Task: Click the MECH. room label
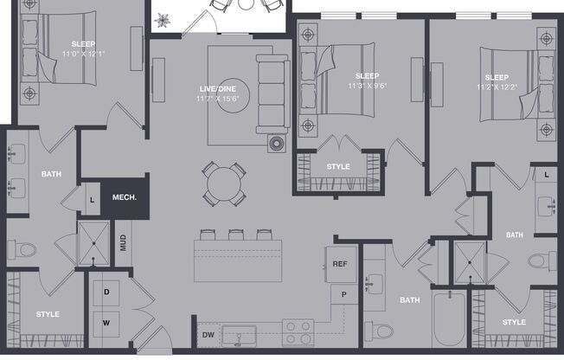[x=124, y=197]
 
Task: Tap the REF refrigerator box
[x=340, y=264]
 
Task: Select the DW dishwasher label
[x=208, y=334]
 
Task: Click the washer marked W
[x=106, y=323]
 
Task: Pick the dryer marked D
[x=106, y=292]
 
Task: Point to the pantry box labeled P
[x=343, y=295]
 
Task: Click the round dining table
[x=222, y=183]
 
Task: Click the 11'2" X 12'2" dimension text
[x=497, y=87]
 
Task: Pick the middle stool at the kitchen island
[x=235, y=235]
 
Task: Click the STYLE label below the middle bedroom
[x=337, y=166]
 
